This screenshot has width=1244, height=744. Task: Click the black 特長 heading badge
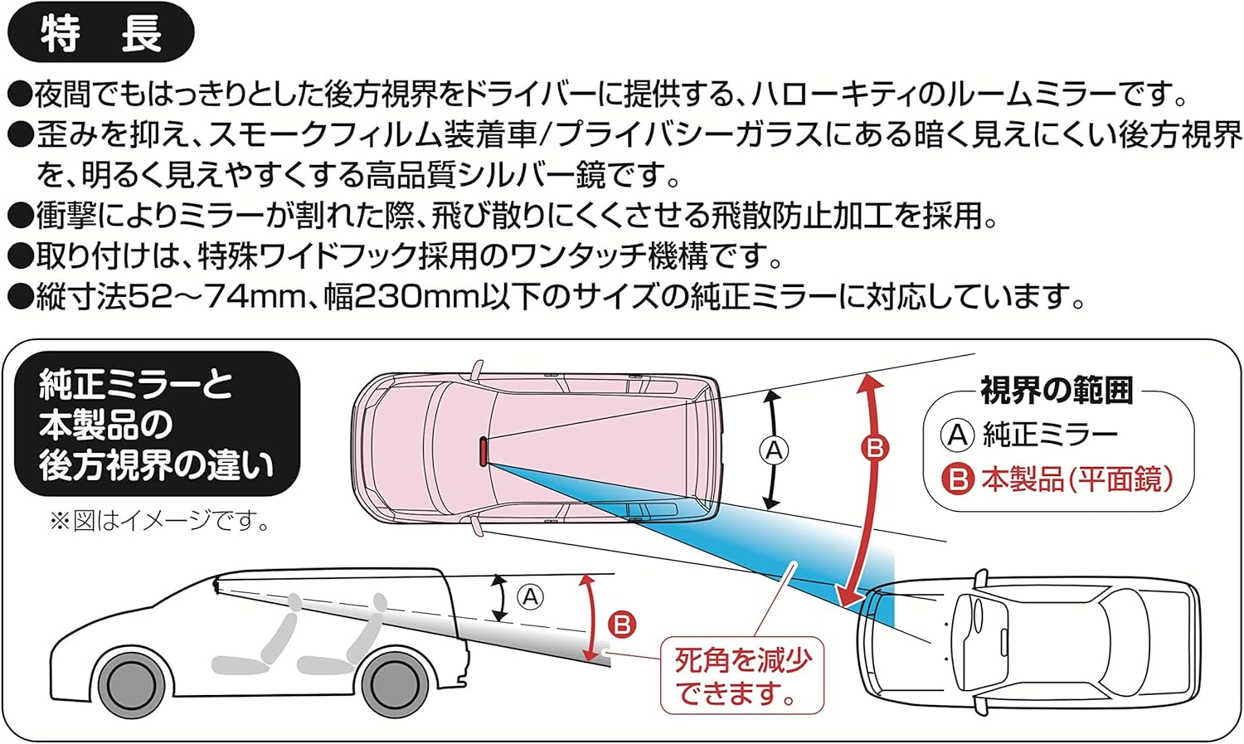tap(100, 34)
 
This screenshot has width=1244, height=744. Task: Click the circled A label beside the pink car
tap(774, 450)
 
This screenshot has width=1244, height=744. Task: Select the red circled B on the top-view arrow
tap(874, 448)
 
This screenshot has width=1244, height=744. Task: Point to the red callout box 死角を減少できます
tap(741, 675)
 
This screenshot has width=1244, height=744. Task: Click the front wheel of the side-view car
tap(129, 685)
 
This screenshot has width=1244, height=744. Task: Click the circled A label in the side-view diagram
tap(530, 596)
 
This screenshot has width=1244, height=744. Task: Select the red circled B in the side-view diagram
tap(621, 624)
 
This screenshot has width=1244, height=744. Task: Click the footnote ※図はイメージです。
tap(160, 521)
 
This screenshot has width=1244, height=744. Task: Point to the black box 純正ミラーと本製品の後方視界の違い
tap(156, 425)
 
